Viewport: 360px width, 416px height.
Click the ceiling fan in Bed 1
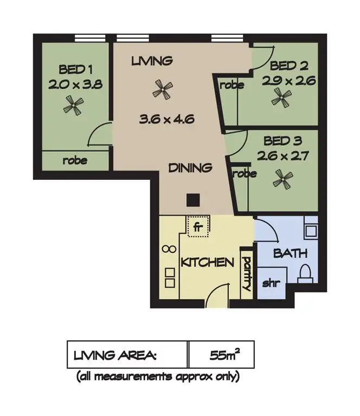coord(72,105)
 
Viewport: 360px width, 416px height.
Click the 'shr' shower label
coord(271,283)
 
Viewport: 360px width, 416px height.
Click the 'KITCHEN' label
coord(207,262)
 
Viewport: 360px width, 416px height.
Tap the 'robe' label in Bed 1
coord(74,160)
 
